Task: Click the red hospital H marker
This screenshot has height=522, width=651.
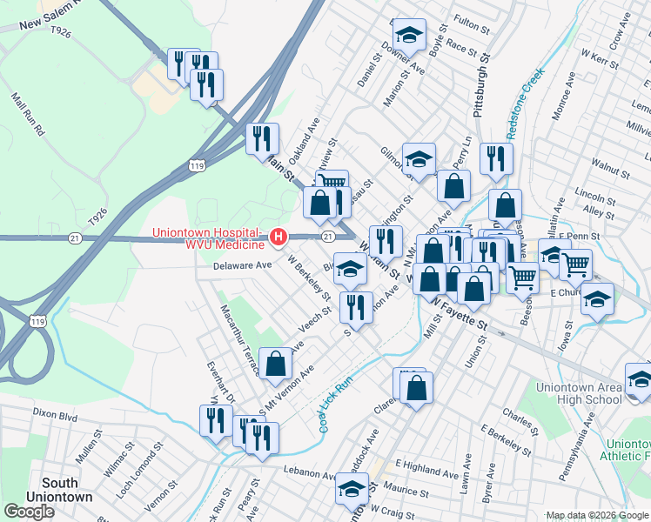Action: point(278,236)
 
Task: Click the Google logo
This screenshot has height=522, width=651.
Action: point(29,512)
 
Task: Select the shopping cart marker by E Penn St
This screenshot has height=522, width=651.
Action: point(575,264)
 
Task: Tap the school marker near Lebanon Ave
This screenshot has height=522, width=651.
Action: point(352,491)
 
